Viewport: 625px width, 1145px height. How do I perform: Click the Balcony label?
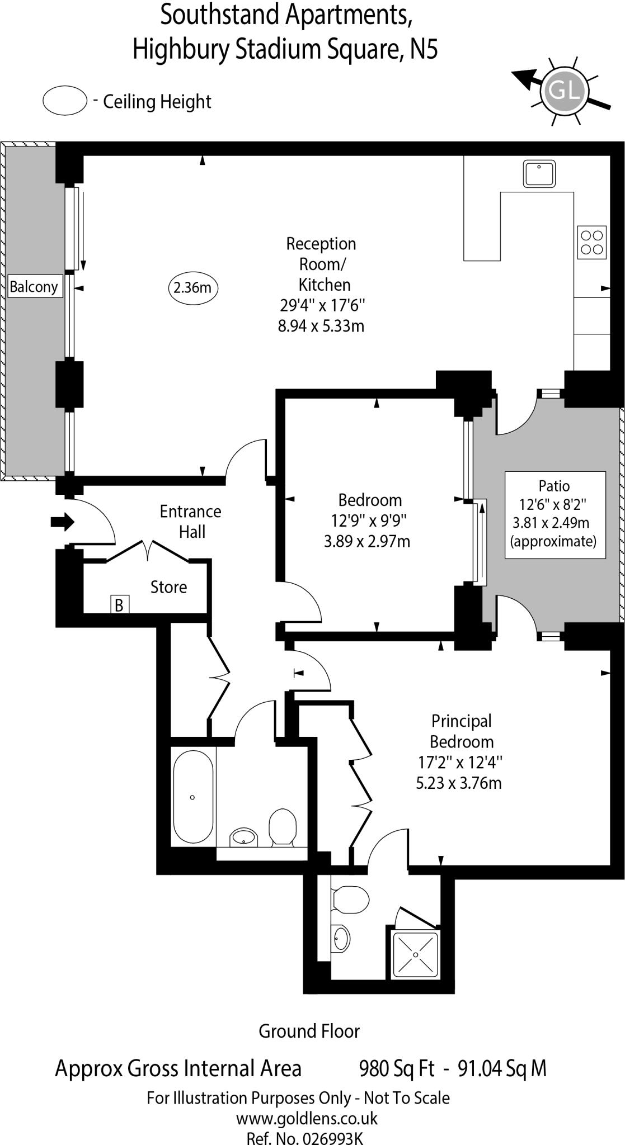[34, 287]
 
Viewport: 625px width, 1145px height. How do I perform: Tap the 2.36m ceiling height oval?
[192, 288]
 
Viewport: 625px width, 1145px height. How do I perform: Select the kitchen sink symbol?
[539, 173]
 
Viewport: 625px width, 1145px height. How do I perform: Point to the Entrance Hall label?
[191, 522]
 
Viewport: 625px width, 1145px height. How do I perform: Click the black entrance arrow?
[63, 522]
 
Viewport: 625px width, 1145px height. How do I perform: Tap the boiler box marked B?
[119, 604]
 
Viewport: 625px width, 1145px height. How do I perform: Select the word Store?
[168, 587]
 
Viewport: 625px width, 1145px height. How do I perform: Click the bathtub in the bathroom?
[193, 797]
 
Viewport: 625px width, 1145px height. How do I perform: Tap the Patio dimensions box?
[554, 514]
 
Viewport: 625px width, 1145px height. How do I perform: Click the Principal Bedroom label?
[461, 731]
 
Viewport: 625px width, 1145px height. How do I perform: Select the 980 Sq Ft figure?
[396, 1068]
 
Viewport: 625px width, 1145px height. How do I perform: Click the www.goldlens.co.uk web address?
[307, 1119]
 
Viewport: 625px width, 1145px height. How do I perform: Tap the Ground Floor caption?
[309, 1031]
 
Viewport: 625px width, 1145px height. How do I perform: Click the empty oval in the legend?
[65, 101]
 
